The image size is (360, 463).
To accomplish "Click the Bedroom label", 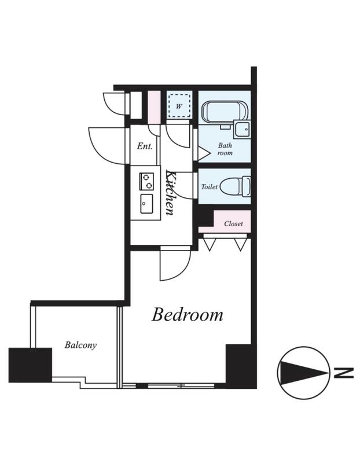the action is tap(188, 315).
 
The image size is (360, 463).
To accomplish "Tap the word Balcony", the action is tap(80, 345).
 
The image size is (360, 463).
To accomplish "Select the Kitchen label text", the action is tap(170, 192).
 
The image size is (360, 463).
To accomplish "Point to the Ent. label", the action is tap(145, 146).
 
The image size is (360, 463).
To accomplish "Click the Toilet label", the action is tap(210, 187).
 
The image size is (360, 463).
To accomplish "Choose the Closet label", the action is tap(233, 223).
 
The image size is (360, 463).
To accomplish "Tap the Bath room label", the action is tap(225, 149).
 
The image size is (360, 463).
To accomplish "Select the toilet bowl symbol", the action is tap(236, 186).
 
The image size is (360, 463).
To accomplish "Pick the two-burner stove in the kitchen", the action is tap(146, 181).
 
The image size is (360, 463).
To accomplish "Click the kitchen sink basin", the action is tap(146, 204).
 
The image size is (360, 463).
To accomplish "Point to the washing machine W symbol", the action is tap(179, 106).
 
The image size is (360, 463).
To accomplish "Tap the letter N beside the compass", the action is tap(344, 373).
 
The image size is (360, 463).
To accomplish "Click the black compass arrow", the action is tap(303, 373).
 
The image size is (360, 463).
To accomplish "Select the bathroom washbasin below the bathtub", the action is tap(243, 129).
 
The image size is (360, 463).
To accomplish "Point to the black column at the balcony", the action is tap(30, 365).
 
